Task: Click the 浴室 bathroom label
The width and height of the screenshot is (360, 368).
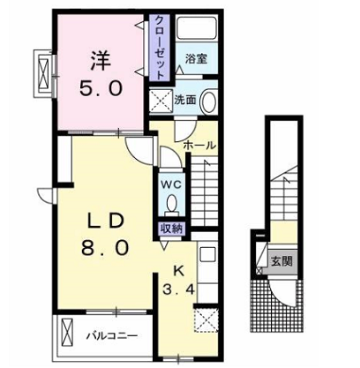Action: [196, 58]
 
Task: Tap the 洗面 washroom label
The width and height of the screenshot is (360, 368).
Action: [185, 100]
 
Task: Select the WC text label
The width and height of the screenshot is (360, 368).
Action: [170, 184]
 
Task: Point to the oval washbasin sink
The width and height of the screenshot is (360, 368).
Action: [209, 101]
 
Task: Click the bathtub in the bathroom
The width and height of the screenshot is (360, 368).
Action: [197, 28]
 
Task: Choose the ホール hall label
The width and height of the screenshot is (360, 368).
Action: [199, 145]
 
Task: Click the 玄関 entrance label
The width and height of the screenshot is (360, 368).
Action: [281, 260]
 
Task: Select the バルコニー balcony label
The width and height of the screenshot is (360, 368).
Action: [111, 335]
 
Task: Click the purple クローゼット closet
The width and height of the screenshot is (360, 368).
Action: [159, 48]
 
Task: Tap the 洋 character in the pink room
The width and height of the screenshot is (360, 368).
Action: [101, 61]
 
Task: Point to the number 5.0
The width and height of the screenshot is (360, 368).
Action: [101, 88]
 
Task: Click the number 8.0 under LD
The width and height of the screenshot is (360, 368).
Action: [105, 247]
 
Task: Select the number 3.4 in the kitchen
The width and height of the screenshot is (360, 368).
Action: [178, 290]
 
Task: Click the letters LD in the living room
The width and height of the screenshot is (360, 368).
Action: [105, 222]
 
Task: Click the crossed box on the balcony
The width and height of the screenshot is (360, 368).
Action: [67, 334]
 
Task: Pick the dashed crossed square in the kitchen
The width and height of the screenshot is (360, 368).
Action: [206, 320]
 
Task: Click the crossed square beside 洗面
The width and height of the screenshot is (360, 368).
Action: [161, 101]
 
